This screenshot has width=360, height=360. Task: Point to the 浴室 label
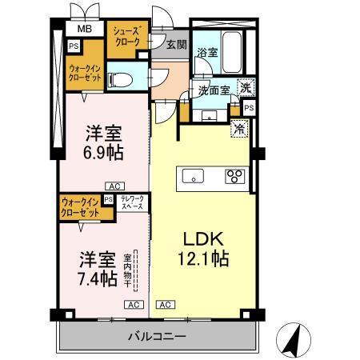click(207, 54)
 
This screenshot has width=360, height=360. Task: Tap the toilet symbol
click(120, 78)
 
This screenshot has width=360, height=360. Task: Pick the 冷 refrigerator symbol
click(238, 127)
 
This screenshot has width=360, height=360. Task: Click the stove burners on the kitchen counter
click(234, 176)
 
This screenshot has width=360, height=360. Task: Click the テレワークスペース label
click(132, 202)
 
